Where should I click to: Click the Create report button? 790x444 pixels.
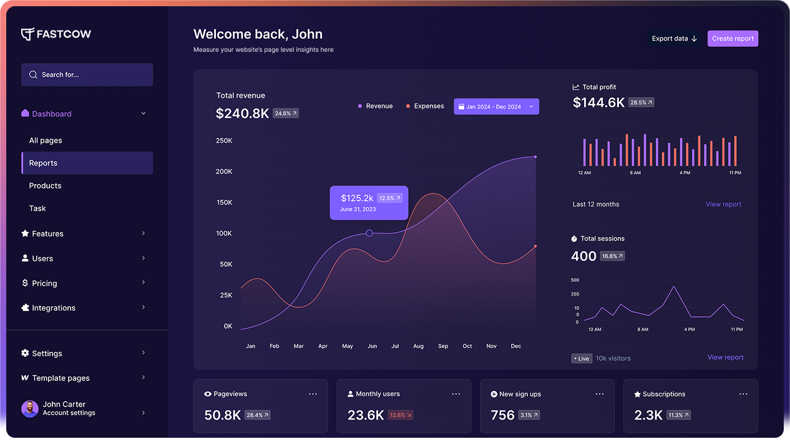coord(733,39)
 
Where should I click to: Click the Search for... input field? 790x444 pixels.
coord(87,75)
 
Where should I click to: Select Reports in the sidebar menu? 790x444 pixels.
coord(87,163)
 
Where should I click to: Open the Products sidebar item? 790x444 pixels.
coord(45,186)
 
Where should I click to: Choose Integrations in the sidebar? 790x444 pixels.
coord(54,308)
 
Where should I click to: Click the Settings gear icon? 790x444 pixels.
coord(25,353)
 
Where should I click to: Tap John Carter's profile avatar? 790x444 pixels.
coord(29,408)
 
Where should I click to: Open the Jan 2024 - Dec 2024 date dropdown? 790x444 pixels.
coord(496,107)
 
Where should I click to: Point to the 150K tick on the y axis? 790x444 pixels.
coord(224,203)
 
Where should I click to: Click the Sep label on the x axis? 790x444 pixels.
coord(443,346)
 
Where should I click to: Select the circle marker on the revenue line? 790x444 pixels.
coord(369,233)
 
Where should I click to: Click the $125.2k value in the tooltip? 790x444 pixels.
coord(357,198)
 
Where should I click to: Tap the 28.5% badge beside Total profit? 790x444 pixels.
coord(641,103)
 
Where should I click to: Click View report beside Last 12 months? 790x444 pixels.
coord(723,205)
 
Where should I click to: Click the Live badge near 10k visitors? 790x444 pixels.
coord(582,359)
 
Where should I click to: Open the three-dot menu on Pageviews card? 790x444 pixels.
coord(313,394)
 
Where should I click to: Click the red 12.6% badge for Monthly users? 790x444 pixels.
coord(400,415)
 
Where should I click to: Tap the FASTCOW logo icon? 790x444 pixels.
coord(27,34)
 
